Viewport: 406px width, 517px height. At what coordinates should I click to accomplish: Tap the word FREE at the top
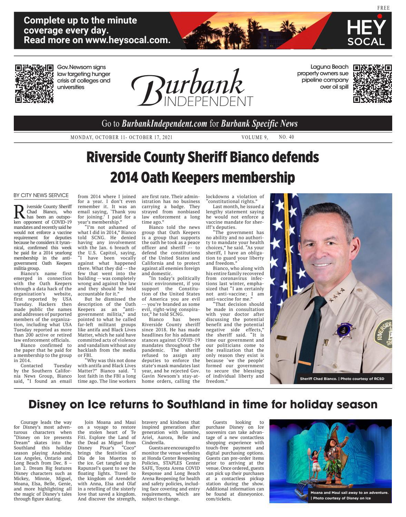(x=383, y=8)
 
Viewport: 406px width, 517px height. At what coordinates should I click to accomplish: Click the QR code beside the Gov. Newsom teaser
(x=34, y=84)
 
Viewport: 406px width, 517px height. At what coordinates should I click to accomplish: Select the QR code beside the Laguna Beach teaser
(x=372, y=84)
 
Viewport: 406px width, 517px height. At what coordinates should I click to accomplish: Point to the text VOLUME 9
(x=255, y=137)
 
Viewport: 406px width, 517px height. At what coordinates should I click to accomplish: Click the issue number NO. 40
(x=286, y=137)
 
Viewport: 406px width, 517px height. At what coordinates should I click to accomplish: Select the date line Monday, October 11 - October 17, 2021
(x=121, y=137)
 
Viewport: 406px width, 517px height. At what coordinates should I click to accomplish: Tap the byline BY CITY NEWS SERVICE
(x=41, y=195)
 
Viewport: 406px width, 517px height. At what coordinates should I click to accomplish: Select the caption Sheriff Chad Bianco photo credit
(x=341, y=379)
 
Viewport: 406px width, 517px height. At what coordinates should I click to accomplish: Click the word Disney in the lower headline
(x=50, y=404)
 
